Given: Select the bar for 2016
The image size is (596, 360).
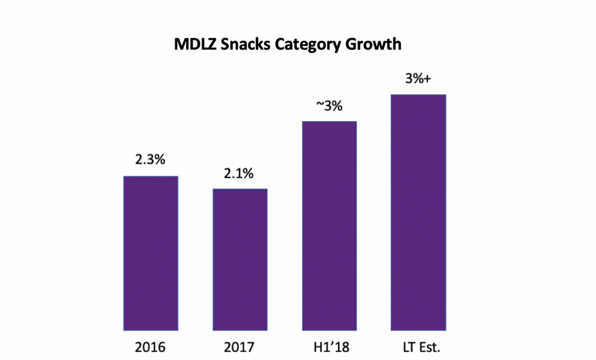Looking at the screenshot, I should pos(150,253).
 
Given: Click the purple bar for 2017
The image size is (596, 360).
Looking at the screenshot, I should pos(240,259).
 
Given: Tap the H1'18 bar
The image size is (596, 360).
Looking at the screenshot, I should pos(329,226).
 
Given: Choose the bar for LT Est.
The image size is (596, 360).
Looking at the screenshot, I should pos(418,212).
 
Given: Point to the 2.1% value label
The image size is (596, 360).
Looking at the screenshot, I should pos(240,174).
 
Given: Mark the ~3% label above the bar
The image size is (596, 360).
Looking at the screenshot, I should pos(329,107).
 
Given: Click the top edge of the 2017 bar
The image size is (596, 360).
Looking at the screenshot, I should pos(240,190).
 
